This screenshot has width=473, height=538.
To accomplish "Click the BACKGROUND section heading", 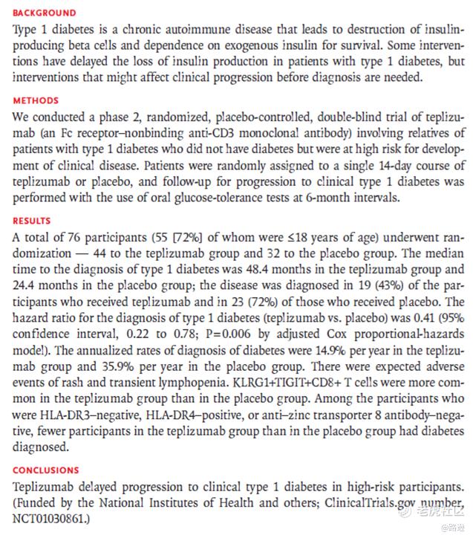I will click(x=45, y=13).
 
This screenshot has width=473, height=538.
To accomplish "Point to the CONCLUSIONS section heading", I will click(x=46, y=470).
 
